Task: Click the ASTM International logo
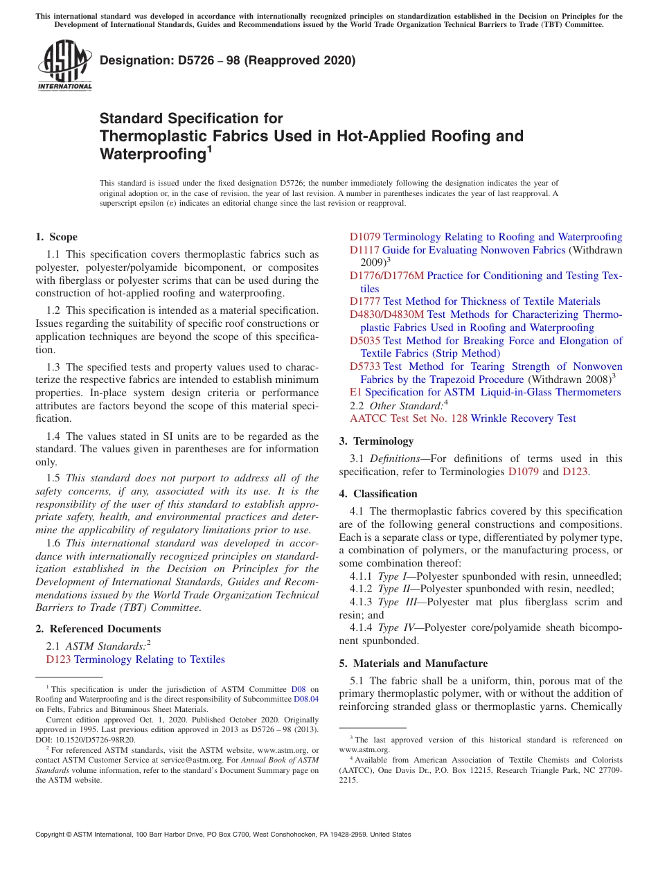64,65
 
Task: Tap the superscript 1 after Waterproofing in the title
209,149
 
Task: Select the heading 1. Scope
56,237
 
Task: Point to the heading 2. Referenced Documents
98,629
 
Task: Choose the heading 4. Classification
378,494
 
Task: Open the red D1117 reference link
364,250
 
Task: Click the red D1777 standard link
364,301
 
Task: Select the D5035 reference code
364,341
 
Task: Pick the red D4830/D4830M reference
386,314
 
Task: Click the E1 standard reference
355,392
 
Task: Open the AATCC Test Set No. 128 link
409,418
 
